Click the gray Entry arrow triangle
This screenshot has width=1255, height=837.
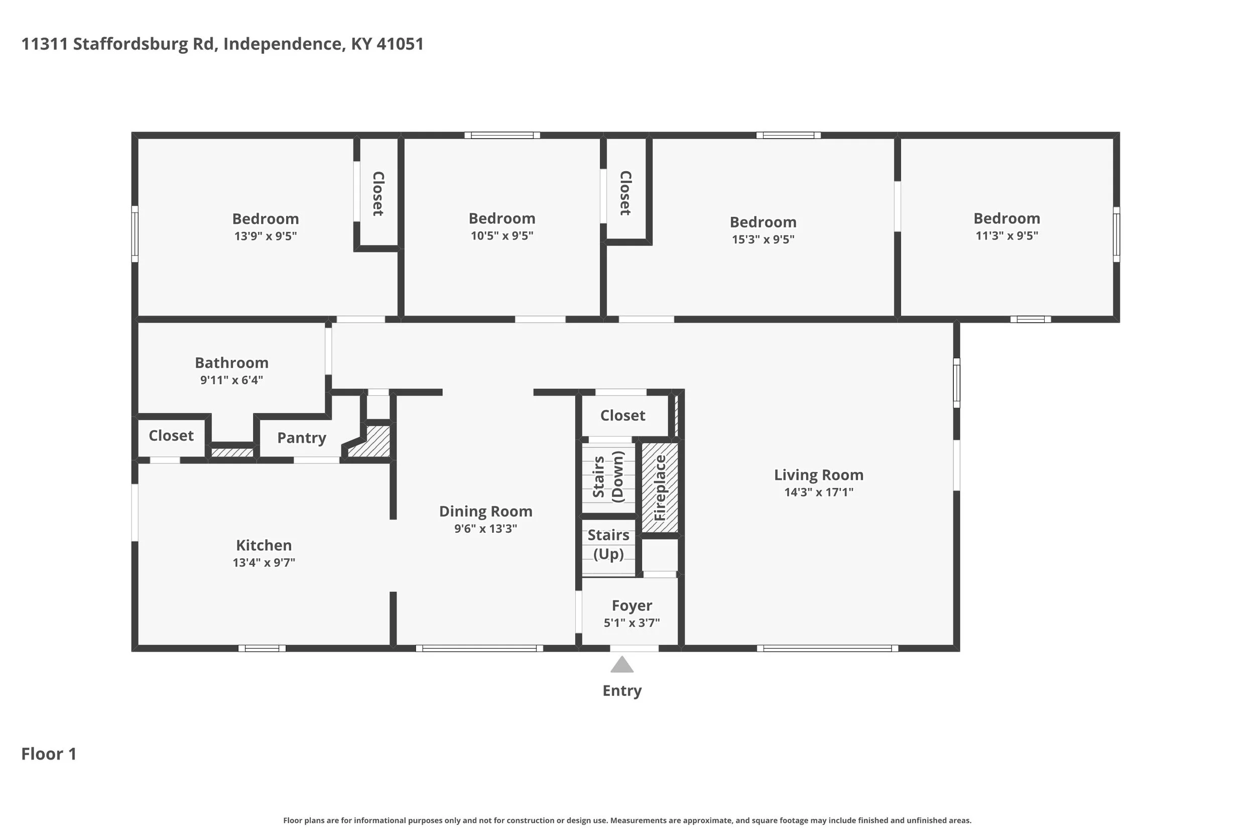[621, 665]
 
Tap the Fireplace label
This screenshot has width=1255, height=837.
[660, 488]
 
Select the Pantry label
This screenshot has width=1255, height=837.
[302, 438]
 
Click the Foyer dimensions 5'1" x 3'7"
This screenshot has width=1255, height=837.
[632, 623]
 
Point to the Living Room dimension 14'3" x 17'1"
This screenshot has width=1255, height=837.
[819, 492]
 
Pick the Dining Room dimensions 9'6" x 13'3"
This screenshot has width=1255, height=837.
[485, 529]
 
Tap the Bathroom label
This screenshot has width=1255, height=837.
[231, 363]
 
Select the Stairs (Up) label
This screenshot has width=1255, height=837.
[608, 544]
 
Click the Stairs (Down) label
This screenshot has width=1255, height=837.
[608, 476]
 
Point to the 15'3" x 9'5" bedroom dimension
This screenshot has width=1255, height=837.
[763, 239]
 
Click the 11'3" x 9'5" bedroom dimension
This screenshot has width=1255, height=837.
[1007, 235]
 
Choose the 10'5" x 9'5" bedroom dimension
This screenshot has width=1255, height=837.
[501, 235]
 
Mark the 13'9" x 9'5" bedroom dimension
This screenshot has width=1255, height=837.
[265, 236]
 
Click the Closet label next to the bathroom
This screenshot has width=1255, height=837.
[171, 436]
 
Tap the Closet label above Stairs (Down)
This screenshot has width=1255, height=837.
[622, 415]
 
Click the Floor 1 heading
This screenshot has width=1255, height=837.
[49, 754]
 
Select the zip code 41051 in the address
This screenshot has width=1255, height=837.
[400, 44]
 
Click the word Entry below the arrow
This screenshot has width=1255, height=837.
[622, 691]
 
